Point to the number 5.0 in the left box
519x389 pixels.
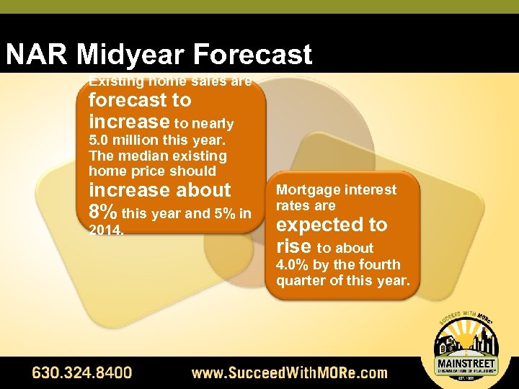pyautogui.click(x=101, y=140)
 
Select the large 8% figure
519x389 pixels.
pyautogui.click(x=103, y=213)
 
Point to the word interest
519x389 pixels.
pyautogui.click(x=370, y=190)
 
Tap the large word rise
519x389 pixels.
pyautogui.click(x=293, y=246)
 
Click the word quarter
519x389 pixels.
pyautogui.click(x=300, y=280)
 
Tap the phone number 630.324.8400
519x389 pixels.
pyautogui.click(x=81, y=373)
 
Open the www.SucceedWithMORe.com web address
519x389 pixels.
pyautogui.click(x=288, y=373)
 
